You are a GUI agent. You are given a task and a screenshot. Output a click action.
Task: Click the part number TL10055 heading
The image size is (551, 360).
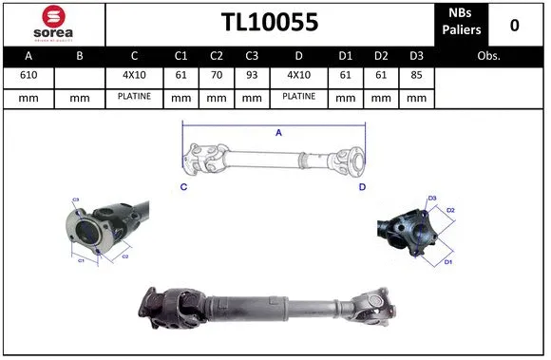[x=270, y=23]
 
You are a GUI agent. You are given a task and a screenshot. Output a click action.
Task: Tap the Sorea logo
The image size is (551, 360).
[x=54, y=24]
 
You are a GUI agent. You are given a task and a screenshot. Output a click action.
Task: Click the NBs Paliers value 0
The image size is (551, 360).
[x=514, y=25]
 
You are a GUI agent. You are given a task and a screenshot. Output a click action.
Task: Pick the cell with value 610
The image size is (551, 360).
[x=29, y=75]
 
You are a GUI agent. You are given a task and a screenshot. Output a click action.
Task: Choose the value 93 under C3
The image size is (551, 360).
[x=251, y=75]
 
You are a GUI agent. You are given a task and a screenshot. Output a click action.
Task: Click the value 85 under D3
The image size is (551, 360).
[x=414, y=75]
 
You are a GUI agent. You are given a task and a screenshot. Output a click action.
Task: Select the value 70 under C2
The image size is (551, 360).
[x=216, y=75]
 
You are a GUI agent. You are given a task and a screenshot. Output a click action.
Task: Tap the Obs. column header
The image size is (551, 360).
[x=488, y=56]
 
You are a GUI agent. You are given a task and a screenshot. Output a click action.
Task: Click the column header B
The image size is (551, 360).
[x=79, y=56]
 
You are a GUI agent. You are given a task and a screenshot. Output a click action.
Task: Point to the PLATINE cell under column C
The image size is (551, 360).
[x=134, y=97]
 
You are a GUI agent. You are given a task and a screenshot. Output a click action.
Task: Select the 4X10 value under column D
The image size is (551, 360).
[x=298, y=75]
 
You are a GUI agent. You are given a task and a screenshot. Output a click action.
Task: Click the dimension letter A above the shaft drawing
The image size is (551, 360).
[x=278, y=133]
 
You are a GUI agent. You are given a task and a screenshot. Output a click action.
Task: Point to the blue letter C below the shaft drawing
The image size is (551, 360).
[x=183, y=188]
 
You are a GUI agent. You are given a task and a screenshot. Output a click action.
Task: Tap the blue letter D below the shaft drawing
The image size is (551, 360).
[x=362, y=188]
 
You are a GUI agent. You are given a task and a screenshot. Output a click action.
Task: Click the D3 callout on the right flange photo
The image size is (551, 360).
[x=432, y=199]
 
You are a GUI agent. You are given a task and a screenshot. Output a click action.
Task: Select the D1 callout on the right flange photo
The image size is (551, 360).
[x=449, y=260]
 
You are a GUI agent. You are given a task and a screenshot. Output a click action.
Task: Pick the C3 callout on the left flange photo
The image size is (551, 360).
[x=76, y=200]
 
